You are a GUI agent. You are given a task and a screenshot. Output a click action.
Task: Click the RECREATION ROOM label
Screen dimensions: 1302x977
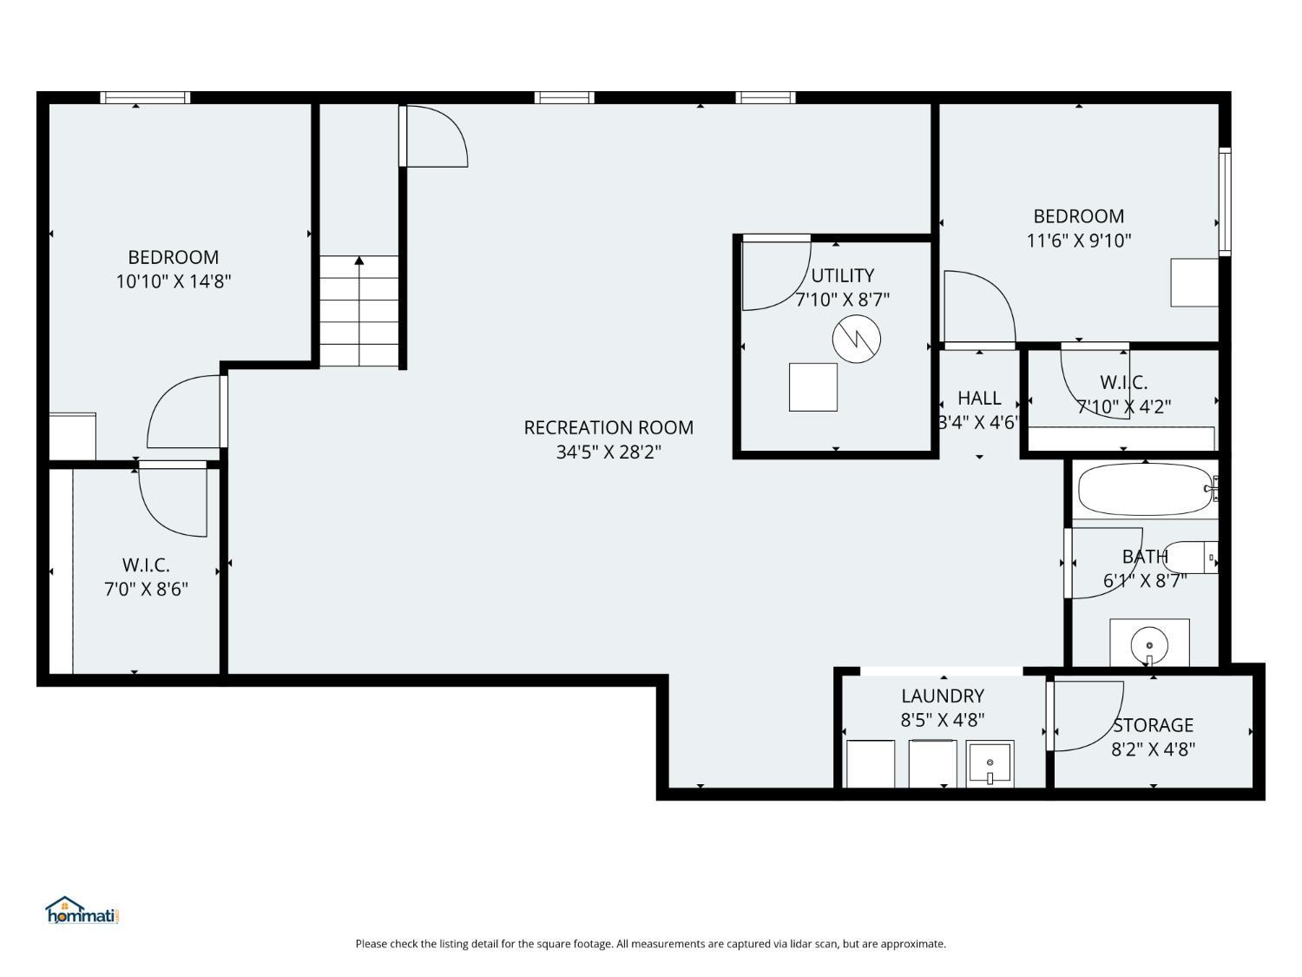tap(608, 427)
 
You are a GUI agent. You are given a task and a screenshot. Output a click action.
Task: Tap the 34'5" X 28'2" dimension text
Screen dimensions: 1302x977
tap(608, 452)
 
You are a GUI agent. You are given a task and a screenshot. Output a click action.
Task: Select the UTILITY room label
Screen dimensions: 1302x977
tap(842, 276)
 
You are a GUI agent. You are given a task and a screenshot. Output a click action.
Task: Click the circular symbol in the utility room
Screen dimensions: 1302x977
tap(856, 339)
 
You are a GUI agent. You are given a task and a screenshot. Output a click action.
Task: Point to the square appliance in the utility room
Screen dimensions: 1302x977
tap(812, 387)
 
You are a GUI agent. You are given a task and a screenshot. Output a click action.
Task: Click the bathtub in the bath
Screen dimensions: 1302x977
tap(1146, 490)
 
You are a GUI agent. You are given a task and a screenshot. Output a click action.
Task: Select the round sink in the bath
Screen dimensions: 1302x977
tap(1149, 644)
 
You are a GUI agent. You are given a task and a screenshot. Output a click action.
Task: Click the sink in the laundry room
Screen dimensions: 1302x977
tap(990, 764)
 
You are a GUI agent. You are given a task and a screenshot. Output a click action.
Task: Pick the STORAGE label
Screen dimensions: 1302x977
tap(1153, 725)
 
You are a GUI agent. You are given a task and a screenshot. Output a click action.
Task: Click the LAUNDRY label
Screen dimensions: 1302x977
tap(943, 696)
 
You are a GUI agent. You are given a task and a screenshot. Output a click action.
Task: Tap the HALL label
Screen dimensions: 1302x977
tap(979, 398)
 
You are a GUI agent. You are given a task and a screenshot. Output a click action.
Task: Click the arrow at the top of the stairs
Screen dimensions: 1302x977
tap(358, 261)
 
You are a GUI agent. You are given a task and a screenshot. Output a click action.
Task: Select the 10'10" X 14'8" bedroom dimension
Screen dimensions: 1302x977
tap(174, 281)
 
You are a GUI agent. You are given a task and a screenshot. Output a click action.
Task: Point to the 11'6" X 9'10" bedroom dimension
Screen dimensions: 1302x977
tap(1079, 241)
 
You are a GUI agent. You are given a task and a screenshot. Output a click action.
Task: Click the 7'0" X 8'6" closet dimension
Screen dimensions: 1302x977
tap(146, 589)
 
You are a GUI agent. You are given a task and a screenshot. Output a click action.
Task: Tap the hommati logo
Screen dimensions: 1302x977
tap(82, 910)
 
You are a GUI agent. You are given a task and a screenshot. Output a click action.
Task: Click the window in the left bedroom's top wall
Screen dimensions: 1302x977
tap(145, 98)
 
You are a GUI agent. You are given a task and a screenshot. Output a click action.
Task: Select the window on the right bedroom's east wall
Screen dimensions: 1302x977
tap(1224, 201)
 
